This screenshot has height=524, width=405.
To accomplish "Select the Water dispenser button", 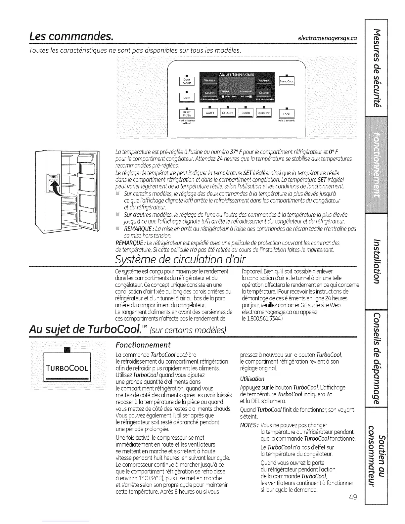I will coord(209,113).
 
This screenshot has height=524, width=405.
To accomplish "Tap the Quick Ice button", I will coord(264,113).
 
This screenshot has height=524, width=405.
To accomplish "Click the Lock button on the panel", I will coord(287,114).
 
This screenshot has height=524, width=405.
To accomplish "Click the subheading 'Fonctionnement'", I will coord(143,345).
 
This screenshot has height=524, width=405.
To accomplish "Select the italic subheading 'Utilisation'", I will coord(252,378).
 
